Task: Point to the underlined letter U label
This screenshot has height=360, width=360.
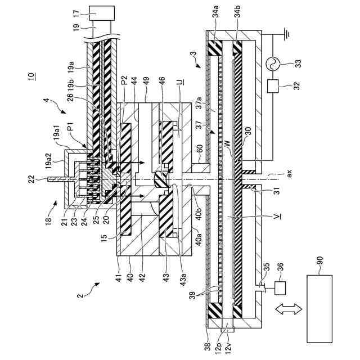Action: (178, 83)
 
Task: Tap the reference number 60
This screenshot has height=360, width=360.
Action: (199, 149)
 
